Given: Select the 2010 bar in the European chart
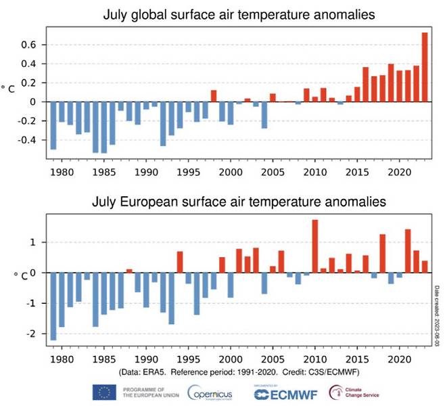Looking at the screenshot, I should point(315,246).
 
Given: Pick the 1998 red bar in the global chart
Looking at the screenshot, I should point(214,96).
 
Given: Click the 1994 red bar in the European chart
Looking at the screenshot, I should point(181,262).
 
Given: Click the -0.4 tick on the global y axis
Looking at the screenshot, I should point(34,140).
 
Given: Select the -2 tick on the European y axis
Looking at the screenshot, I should point(39,334).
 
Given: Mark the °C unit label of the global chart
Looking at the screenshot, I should point(12,89).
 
